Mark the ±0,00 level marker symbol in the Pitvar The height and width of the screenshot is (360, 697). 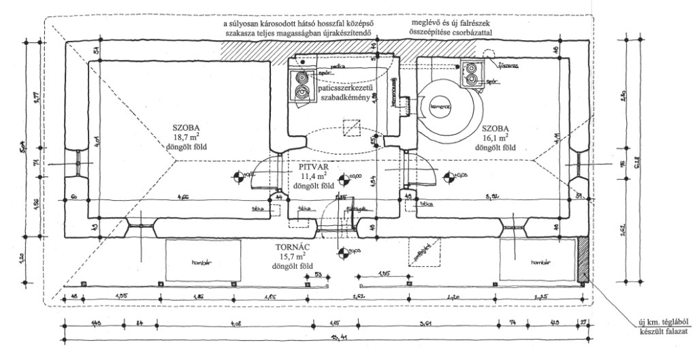point(336,179)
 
